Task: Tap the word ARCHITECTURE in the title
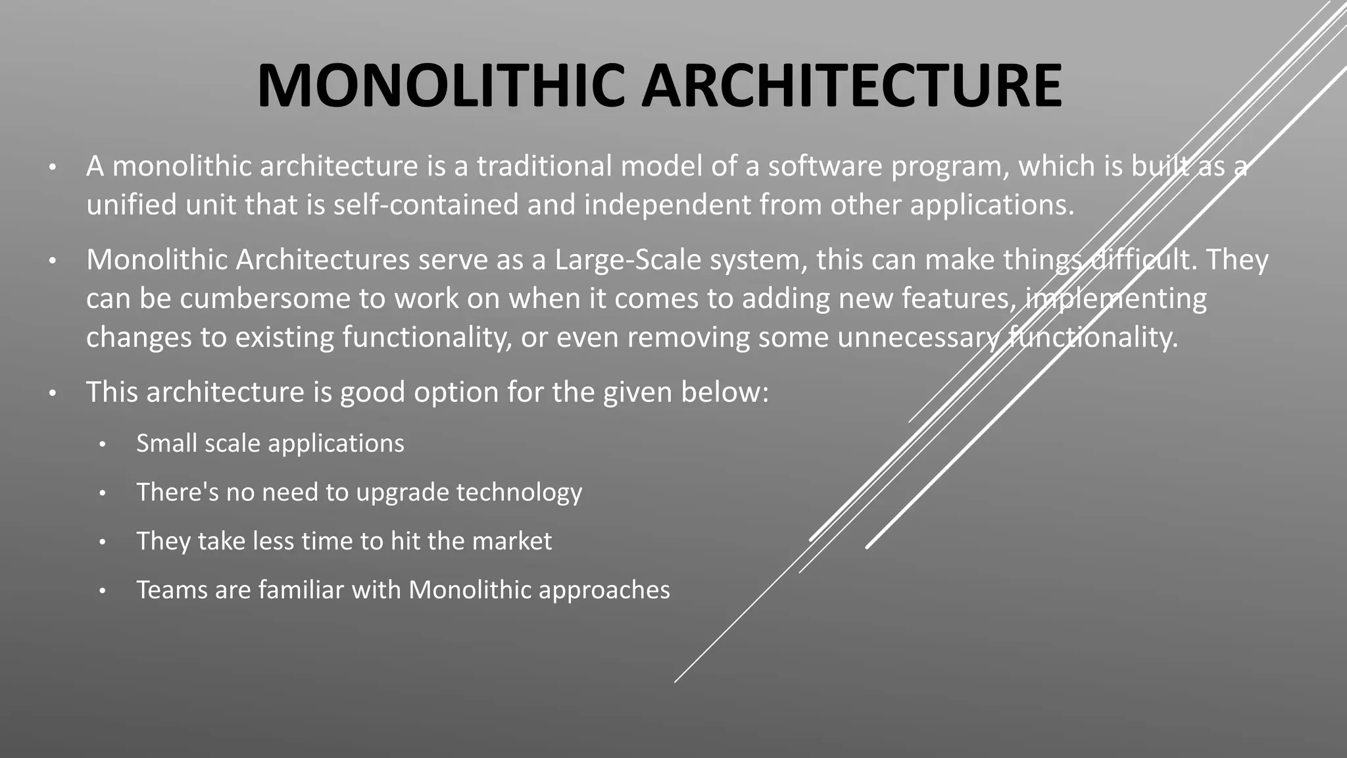(851, 86)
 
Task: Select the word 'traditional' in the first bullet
(544, 166)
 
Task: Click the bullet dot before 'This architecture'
(53, 393)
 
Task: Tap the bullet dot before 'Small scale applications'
(102, 445)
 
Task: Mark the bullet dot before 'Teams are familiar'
(102, 591)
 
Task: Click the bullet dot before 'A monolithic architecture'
(53, 167)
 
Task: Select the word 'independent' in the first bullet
(667, 205)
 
